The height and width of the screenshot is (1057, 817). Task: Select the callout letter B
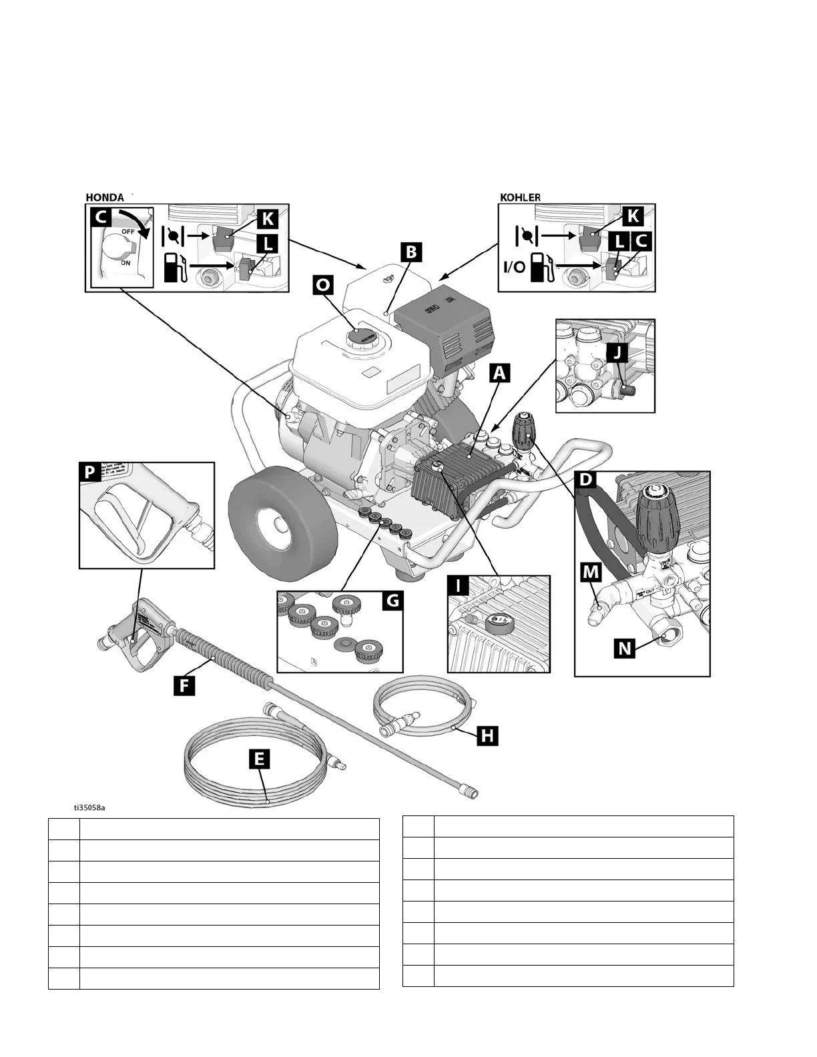(x=411, y=252)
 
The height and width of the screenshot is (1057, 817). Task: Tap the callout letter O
(x=323, y=285)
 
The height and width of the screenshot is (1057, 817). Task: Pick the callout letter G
(x=392, y=601)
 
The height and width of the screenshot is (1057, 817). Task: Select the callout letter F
(x=184, y=685)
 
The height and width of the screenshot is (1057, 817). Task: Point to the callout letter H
(x=488, y=736)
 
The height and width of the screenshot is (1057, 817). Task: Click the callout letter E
(x=259, y=759)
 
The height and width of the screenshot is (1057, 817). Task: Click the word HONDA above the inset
(x=105, y=198)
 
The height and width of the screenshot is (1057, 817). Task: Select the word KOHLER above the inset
(x=520, y=198)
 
